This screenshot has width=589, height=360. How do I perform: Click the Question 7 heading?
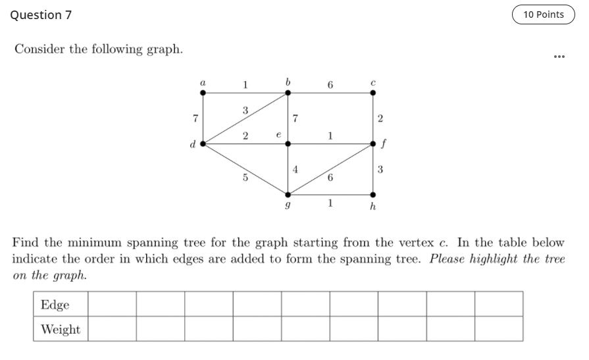pyautogui.click(x=41, y=14)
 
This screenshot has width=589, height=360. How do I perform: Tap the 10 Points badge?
pyautogui.click(x=543, y=14)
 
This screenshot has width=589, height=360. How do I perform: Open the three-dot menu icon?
pyautogui.click(x=559, y=57)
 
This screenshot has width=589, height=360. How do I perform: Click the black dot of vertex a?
pyautogui.click(x=203, y=93)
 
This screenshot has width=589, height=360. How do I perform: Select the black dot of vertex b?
pyautogui.click(x=288, y=93)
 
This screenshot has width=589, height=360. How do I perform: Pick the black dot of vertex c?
pyautogui.click(x=373, y=93)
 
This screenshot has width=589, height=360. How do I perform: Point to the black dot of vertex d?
pyautogui.click(x=203, y=143)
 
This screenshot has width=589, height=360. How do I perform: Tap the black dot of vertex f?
pyautogui.click(x=373, y=143)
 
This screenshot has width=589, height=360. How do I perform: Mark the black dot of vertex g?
pyautogui.click(x=288, y=194)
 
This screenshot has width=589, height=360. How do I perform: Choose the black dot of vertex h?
pyautogui.click(x=373, y=194)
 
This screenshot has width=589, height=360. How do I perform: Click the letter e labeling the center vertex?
pyautogui.click(x=278, y=134)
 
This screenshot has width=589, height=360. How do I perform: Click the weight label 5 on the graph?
pyautogui.click(x=245, y=177)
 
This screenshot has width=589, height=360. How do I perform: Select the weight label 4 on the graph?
pyautogui.click(x=295, y=169)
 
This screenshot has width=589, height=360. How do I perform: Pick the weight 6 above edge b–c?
pyautogui.click(x=330, y=85)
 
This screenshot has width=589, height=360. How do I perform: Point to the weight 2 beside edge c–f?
pyautogui.click(x=381, y=118)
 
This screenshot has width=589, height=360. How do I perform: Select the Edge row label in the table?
pyautogui.click(x=55, y=305)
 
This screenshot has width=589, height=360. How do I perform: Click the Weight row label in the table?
pyautogui.click(x=61, y=329)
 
